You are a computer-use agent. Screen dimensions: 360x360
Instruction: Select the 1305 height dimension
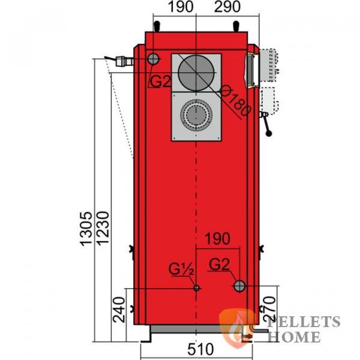(86, 228)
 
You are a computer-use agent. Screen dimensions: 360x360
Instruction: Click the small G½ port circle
(196, 288)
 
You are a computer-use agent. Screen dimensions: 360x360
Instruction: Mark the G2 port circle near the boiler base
(239, 285)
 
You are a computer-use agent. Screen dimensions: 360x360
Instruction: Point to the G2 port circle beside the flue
(153, 59)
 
